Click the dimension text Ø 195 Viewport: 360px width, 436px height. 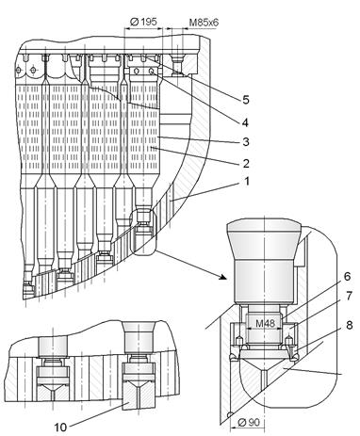(143, 22)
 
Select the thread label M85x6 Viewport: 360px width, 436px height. (204, 23)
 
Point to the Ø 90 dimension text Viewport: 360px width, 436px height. (249, 422)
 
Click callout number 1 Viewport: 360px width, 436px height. (247, 182)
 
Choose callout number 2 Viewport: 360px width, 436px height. (246, 163)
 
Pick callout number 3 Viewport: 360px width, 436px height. (246, 142)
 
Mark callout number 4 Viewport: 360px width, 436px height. (245, 122)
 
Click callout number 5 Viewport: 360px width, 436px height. (246, 100)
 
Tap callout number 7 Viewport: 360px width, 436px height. (349, 296)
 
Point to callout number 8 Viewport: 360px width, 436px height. (349, 325)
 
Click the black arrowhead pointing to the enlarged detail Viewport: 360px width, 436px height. (222, 277)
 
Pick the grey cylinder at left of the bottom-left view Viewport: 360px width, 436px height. (53, 347)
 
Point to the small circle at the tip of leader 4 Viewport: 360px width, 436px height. (152, 72)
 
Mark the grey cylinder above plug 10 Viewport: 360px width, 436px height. (139, 338)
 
